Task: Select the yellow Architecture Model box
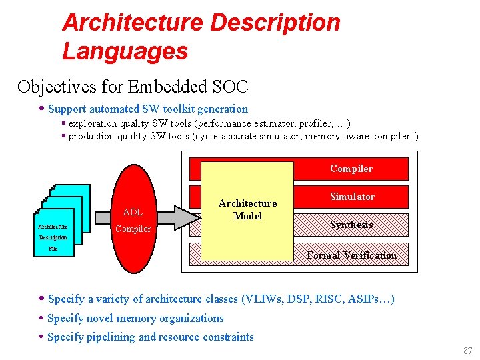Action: pos(247,210)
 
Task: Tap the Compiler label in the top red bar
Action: pos(351,169)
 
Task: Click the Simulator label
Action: pos(351,197)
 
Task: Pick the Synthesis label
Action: pos(351,225)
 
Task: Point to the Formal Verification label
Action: pos(351,255)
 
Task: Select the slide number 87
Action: pos(467,351)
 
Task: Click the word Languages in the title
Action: pos(125,51)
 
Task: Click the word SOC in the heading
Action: pos(231,87)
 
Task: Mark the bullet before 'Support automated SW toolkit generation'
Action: pos(41,109)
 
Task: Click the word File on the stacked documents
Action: pos(53,249)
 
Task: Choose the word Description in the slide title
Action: pos(275,22)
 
